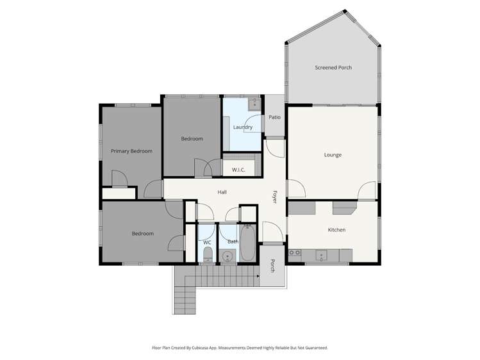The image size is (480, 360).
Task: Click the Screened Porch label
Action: click(333, 67)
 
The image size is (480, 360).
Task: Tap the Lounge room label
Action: click(333, 154)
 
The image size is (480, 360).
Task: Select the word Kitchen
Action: click(336, 229)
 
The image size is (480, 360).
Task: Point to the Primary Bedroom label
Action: click(131, 151)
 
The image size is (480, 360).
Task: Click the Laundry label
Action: click(242, 127)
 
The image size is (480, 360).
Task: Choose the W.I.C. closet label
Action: click(238, 170)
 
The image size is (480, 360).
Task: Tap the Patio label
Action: click(274, 117)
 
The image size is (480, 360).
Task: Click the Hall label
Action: click(222, 192)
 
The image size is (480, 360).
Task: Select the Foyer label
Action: click(274, 197)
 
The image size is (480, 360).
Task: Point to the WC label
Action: click(207, 242)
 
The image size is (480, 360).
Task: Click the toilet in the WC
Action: click(207, 256)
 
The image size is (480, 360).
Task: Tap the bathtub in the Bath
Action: click(247, 244)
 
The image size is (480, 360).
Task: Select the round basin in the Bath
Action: click(228, 257)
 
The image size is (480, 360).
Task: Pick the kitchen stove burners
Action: click(295, 253)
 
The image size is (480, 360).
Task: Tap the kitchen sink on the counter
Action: click(322, 255)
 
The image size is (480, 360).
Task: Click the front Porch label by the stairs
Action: click(272, 266)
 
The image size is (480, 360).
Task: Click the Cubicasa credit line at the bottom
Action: click(240, 347)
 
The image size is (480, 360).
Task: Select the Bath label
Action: click(232, 242)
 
